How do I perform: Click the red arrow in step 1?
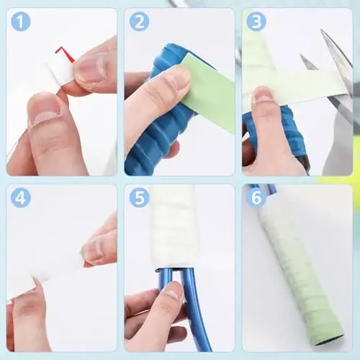coord(66,53)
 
